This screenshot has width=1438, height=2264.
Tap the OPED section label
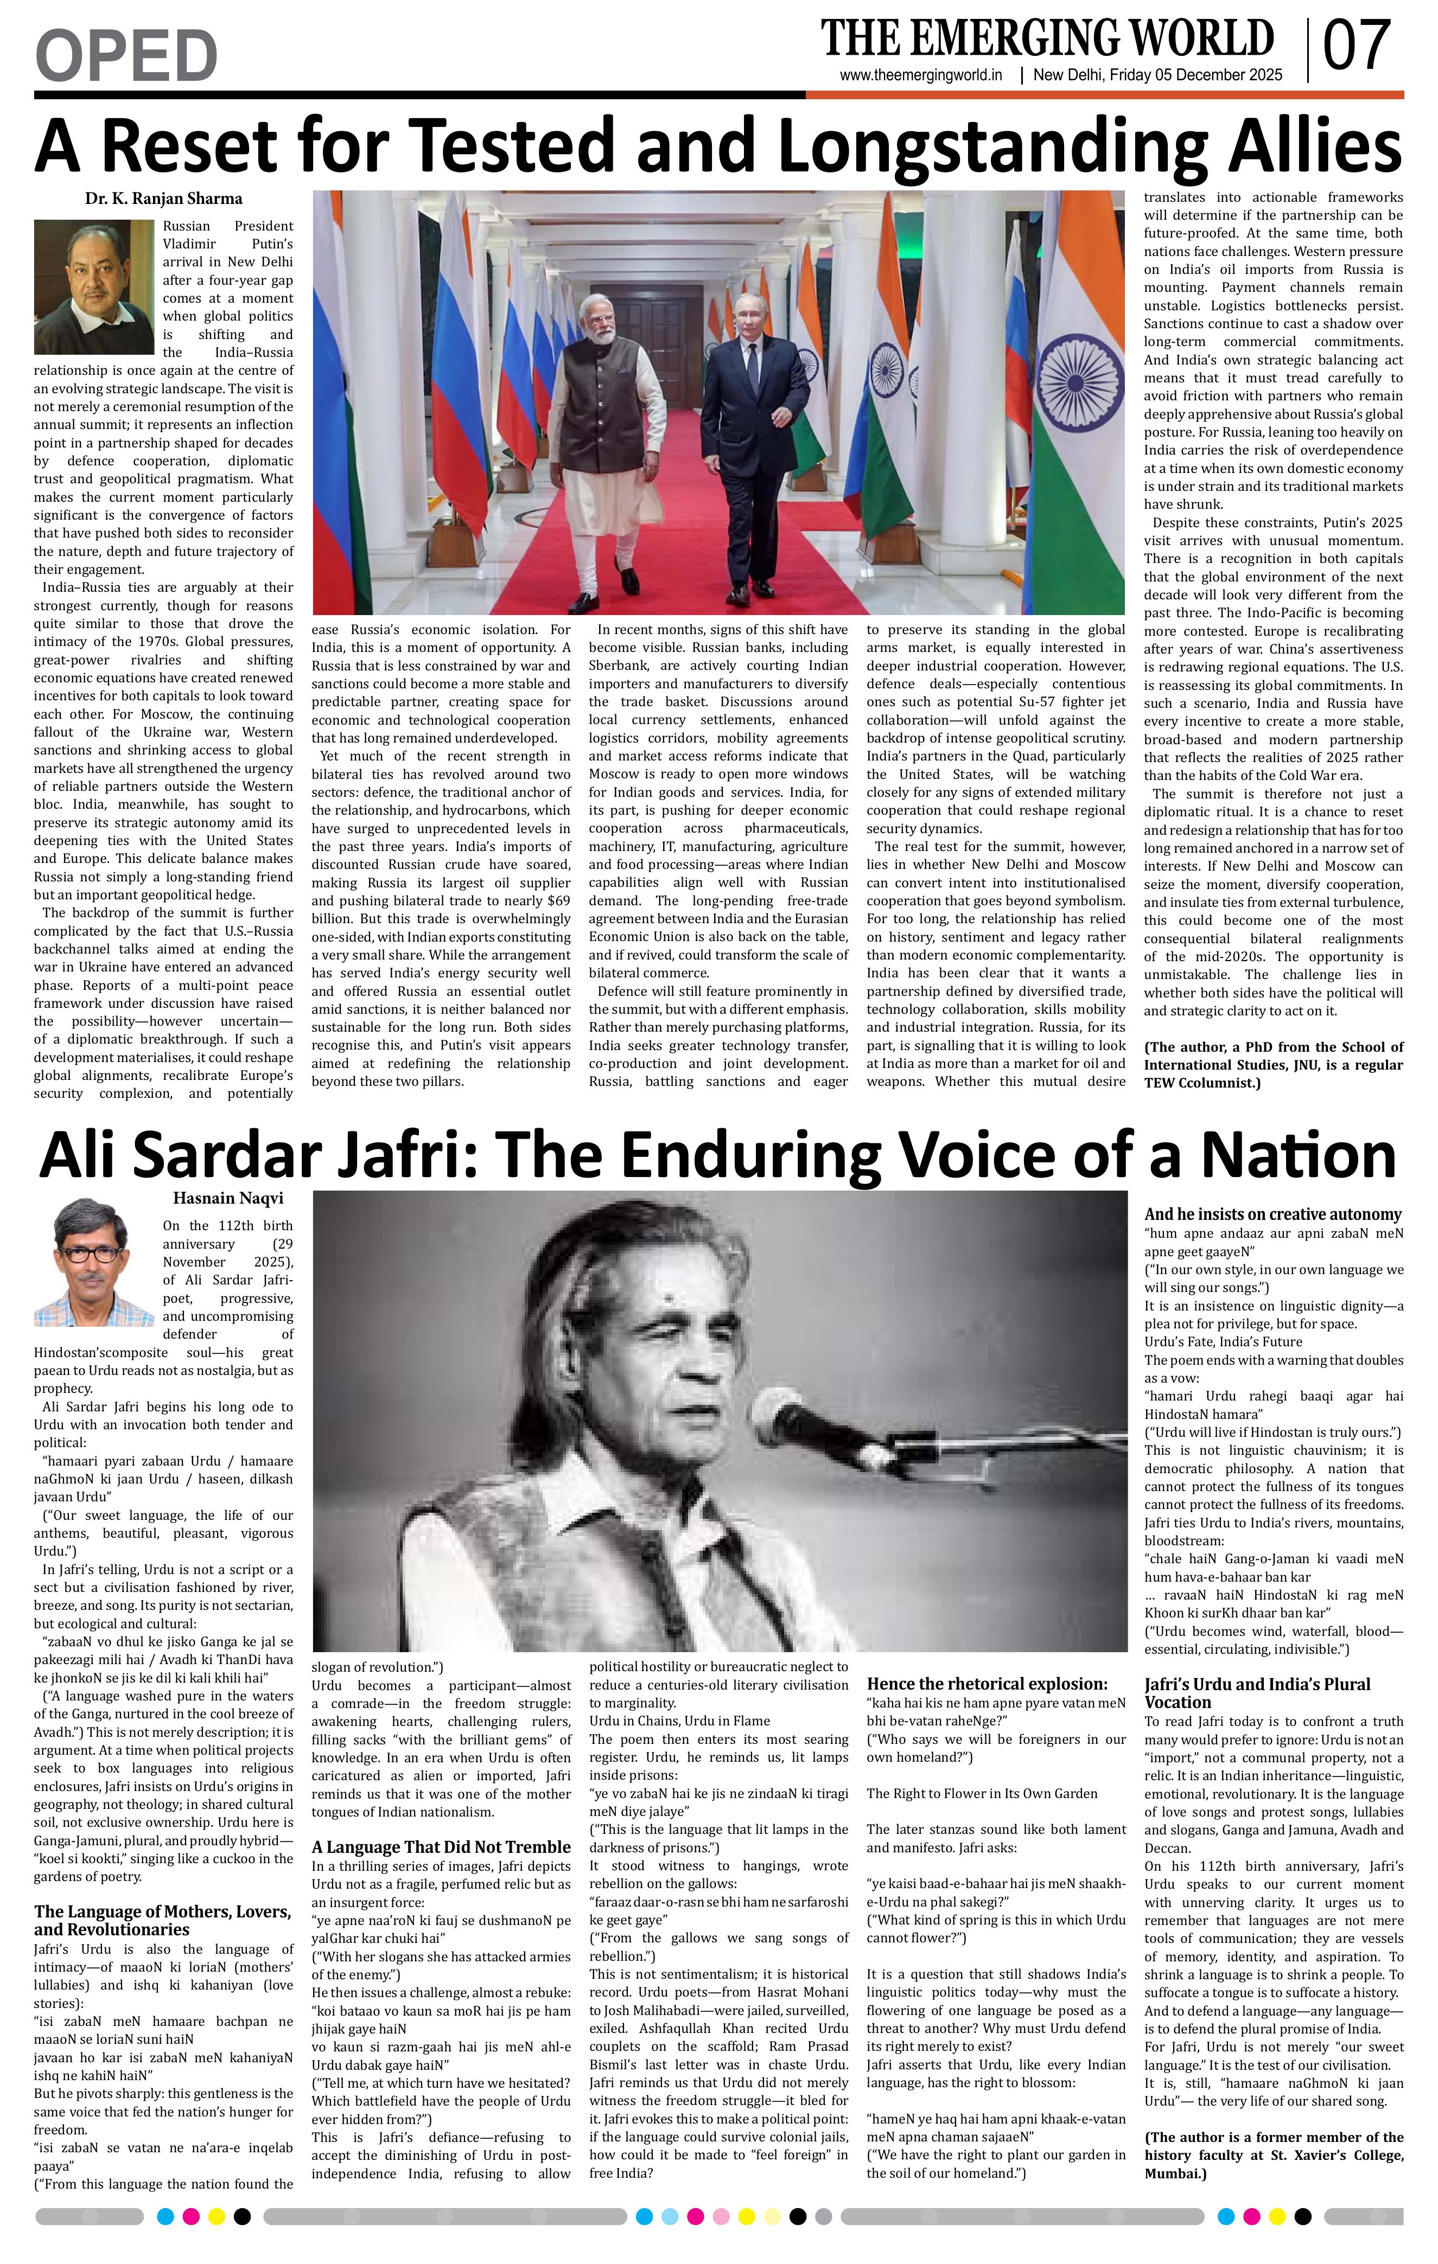(x=126, y=55)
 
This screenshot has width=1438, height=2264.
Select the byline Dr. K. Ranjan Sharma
(x=164, y=199)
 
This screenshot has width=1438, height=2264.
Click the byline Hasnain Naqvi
(x=227, y=1198)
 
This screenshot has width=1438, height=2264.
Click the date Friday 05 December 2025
(x=1157, y=75)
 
